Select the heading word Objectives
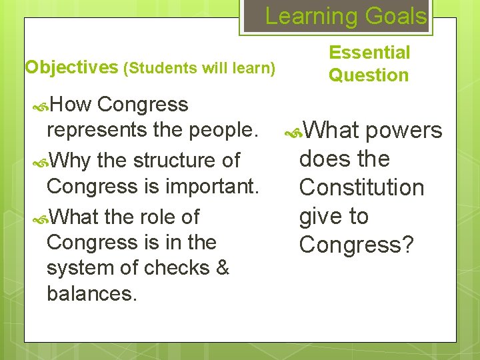(x=70, y=67)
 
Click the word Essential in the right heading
(x=369, y=52)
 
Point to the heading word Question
(x=368, y=75)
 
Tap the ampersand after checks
(x=222, y=267)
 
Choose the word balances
(x=91, y=293)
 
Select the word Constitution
(x=362, y=188)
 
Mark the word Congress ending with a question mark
(x=357, y=245)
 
